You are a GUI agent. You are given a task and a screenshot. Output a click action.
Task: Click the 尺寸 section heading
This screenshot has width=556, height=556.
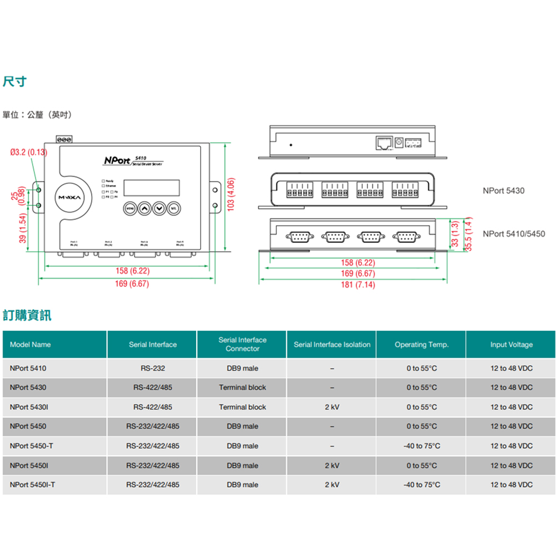(x=15, y=82)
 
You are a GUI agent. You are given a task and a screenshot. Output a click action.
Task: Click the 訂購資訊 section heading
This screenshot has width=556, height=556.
(x=27, y=316)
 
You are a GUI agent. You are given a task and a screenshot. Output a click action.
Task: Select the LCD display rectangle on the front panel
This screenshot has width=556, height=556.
(x=151, y=187)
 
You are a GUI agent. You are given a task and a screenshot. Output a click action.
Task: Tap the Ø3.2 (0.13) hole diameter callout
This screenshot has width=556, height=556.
(x=29, y=152)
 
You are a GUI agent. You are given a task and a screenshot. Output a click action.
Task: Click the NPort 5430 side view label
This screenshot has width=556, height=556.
(x=503, y=191)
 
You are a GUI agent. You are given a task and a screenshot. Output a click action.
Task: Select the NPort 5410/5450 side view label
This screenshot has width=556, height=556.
(x=514, y=234)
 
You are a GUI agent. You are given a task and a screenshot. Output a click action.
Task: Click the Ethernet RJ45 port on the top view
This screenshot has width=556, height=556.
(x=383, y=143)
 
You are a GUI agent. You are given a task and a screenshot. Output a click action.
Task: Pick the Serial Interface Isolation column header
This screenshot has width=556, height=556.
(x=332, y=345)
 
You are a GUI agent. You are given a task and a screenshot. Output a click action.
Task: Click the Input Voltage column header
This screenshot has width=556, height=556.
(x=511, y=345)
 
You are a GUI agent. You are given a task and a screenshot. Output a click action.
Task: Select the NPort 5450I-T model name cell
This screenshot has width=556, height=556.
(x=32, y=485)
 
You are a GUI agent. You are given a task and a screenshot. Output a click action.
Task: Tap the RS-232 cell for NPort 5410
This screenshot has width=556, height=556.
(x=152, y=368)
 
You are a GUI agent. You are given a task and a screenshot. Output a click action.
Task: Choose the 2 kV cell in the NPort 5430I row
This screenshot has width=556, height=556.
(x=332, y=407)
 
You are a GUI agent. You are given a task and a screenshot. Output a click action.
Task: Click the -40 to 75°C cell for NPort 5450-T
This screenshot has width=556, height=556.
(x=421, y=446)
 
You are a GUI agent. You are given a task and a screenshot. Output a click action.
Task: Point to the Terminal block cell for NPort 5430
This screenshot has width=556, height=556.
(x=242, y=388)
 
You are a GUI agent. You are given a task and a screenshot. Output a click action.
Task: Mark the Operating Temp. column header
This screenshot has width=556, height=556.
(x=421, y=345)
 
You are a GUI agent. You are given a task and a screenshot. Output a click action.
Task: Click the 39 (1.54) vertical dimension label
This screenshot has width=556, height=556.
(x=23, y=229)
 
